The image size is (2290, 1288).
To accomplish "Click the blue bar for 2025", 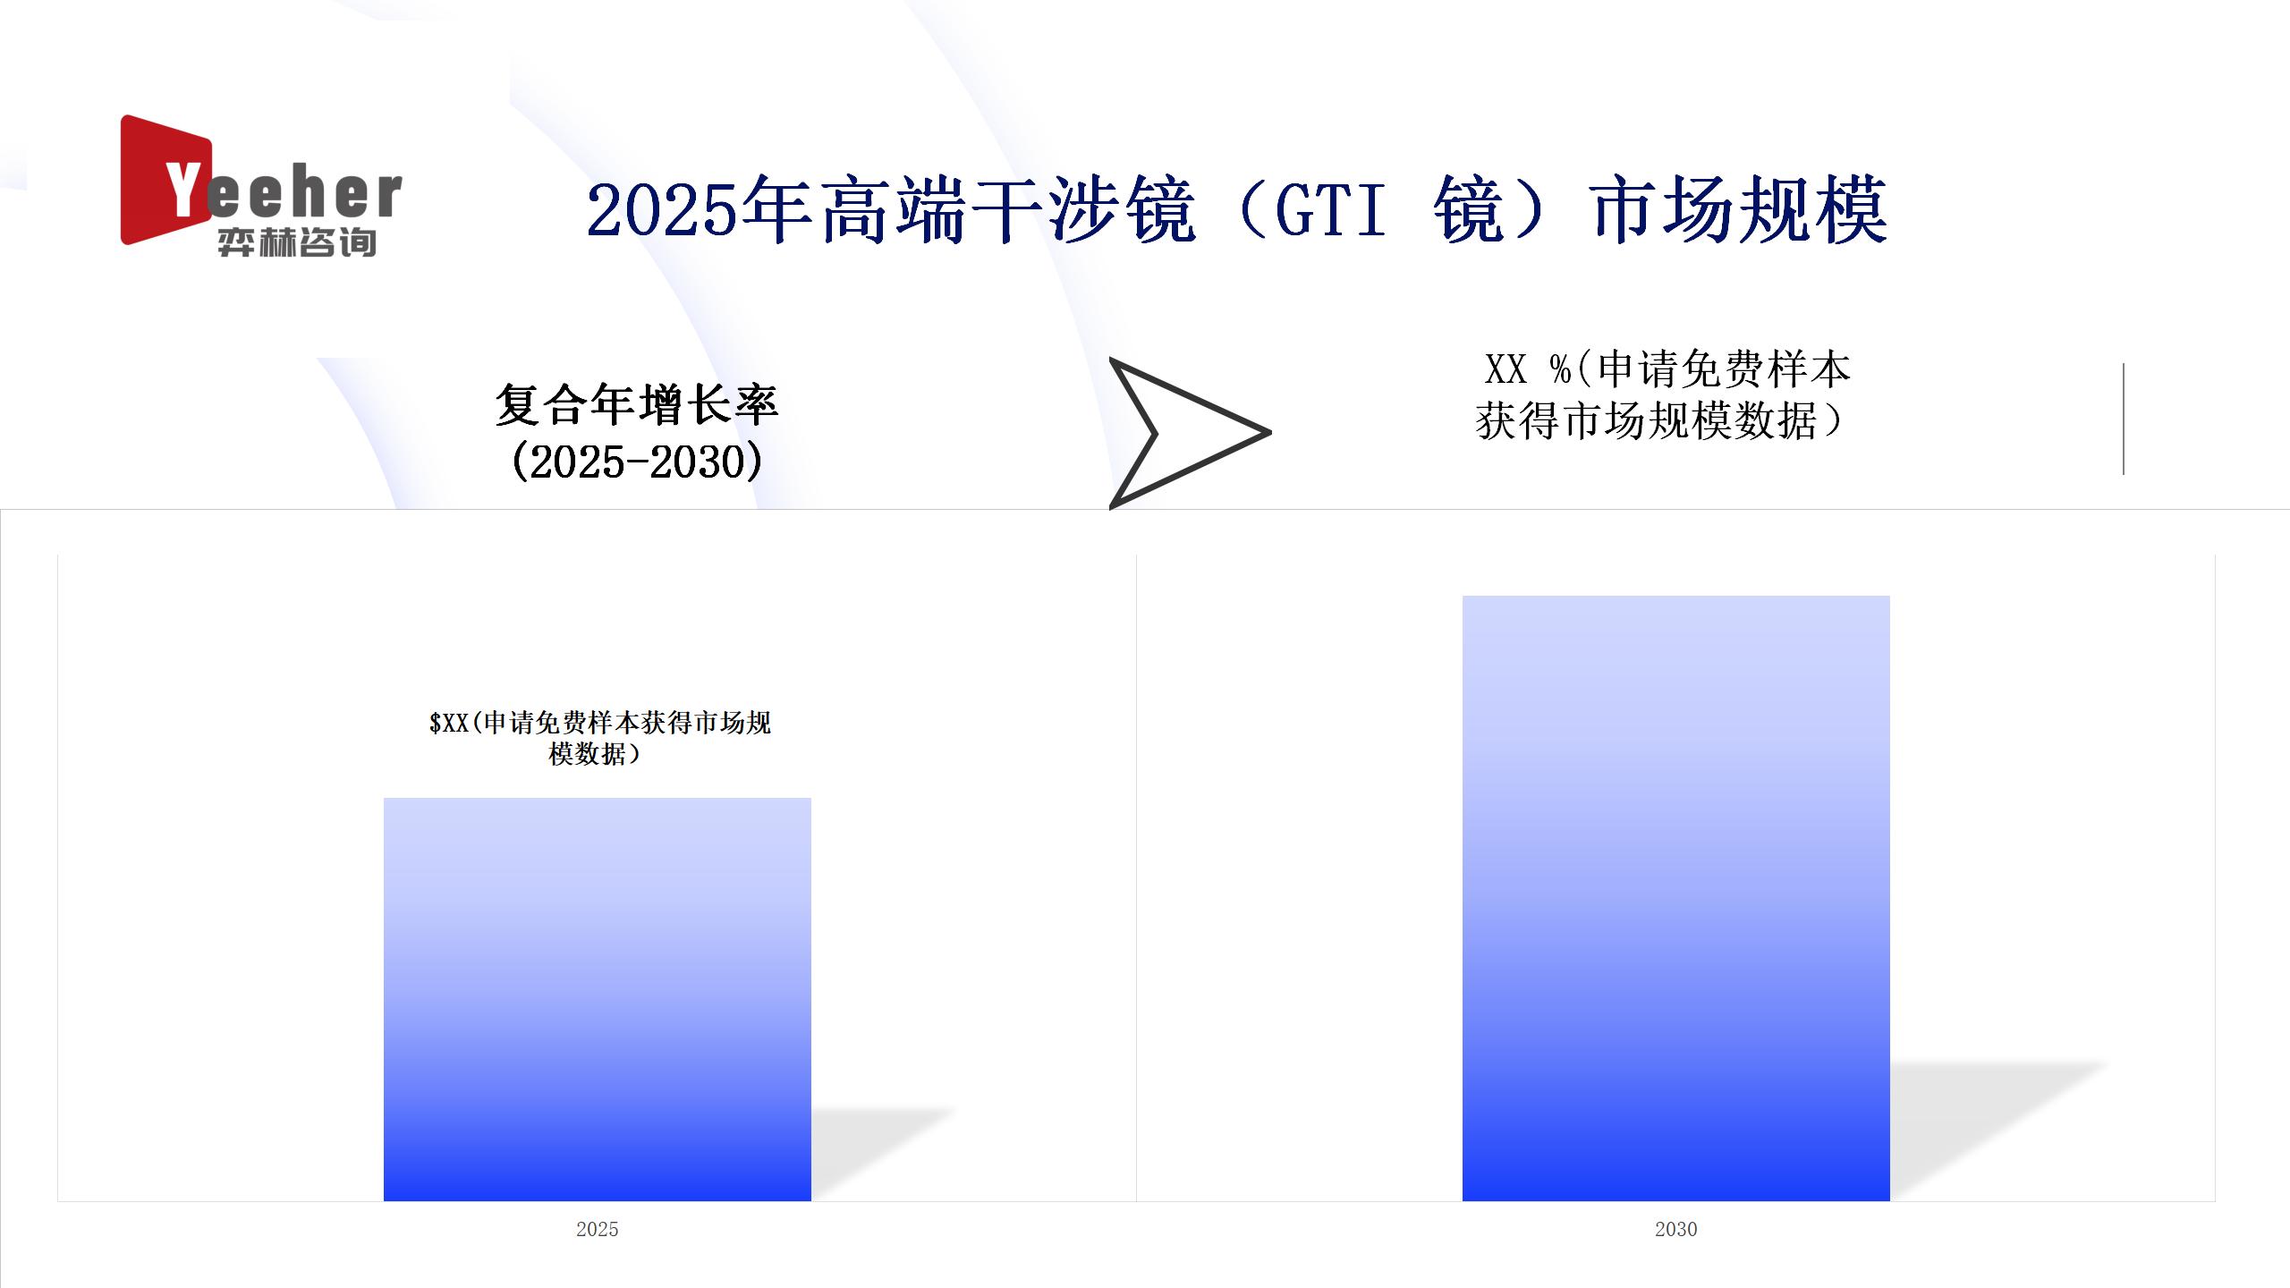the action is [598, 999].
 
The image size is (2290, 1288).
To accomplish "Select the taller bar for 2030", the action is [1676, 898].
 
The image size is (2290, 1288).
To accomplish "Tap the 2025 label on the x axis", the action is [598, 1229].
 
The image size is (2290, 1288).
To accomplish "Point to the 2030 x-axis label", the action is [1676, 1229].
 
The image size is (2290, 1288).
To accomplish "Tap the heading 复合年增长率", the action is [637, 405].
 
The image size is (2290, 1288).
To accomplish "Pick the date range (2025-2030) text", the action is [637, 462].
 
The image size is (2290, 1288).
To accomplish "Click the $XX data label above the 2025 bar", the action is [599, 738].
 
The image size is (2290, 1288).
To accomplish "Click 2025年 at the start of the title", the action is [699, 211].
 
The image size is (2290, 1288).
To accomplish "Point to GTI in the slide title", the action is [1330, 211].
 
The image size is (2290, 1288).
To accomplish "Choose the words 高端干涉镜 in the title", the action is [1007, 211].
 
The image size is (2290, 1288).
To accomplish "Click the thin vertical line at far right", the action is [2124, 419].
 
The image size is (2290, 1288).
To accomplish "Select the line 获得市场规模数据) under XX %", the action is [1660, 420].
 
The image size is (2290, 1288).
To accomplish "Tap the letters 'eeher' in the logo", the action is [304, 193].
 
